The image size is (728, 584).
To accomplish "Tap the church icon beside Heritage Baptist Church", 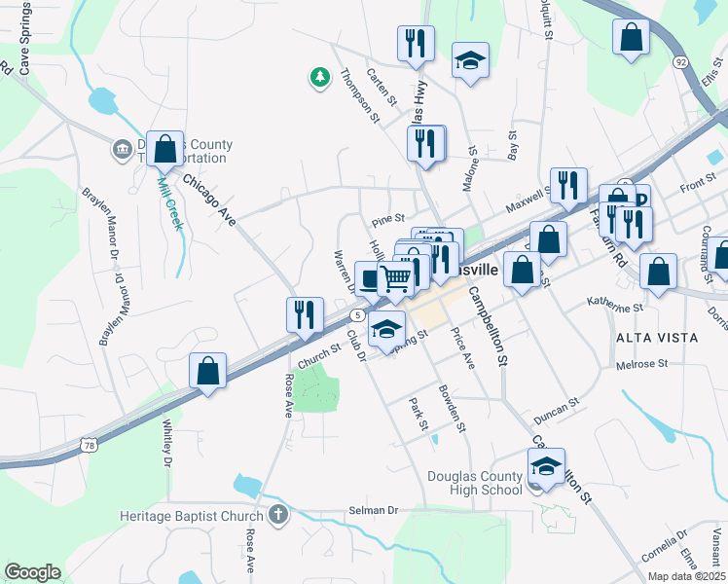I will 277,515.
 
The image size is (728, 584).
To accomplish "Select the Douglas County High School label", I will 475,483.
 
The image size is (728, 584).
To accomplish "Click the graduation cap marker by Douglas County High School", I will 546,469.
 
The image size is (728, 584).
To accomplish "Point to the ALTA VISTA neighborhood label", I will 657,337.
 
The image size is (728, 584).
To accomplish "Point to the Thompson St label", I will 359,95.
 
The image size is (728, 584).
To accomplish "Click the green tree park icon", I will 318,77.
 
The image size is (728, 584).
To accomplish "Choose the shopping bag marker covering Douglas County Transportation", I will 165,151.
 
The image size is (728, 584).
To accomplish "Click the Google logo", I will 32,572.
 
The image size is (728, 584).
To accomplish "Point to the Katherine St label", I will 616,307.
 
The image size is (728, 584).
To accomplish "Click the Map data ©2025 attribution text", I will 686,576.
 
